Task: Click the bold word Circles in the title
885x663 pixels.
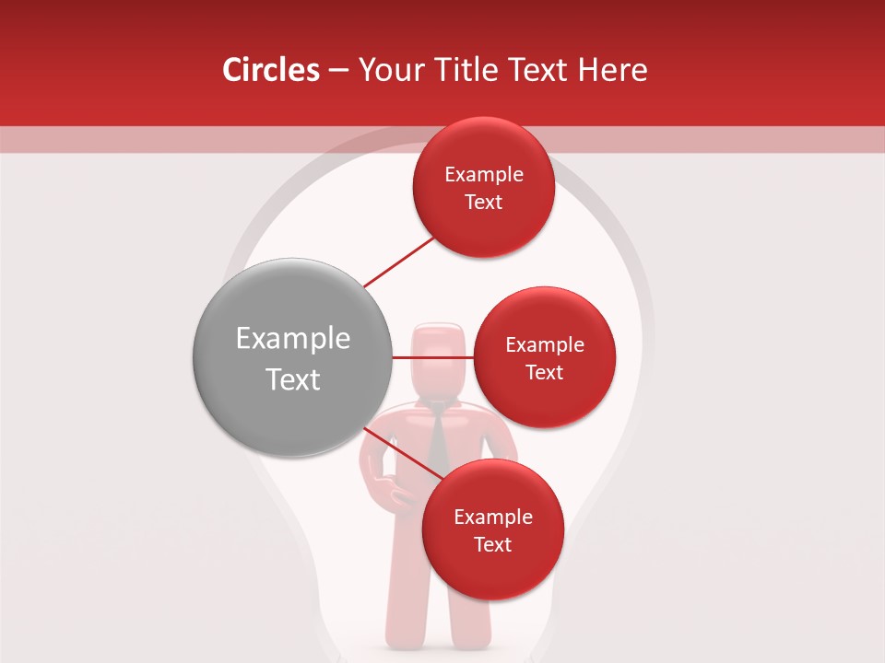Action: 271,70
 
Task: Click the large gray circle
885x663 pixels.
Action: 292,356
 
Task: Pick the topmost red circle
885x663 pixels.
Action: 483,187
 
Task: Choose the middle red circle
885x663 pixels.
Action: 544,357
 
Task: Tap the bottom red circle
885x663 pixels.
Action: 492,529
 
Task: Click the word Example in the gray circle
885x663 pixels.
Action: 293,339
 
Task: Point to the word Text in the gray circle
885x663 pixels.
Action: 293,379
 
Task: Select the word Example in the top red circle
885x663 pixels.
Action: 484,174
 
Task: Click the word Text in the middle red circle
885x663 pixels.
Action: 544,372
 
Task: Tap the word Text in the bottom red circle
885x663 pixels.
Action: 492,544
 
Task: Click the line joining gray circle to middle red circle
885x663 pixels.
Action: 432,357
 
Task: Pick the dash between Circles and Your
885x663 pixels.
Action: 338,71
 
